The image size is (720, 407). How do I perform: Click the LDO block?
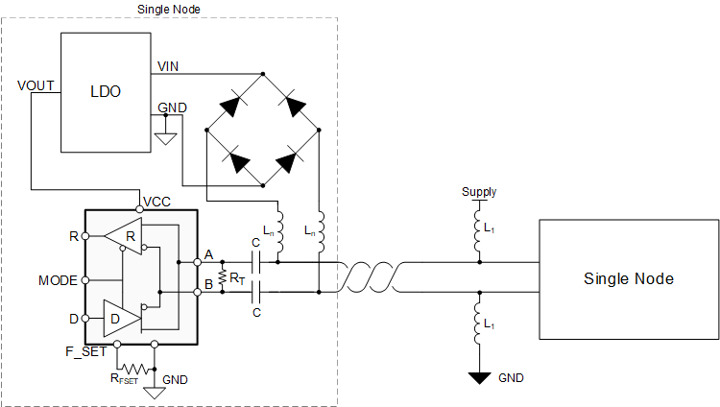click(x=106, y=92)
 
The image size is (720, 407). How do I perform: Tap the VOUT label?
click(x=36, y=84)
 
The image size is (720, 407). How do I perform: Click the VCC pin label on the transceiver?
click(x=156, y=203)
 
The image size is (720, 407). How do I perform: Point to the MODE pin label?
click(x=57, y=280)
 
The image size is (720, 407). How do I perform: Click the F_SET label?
click(x=86, y=353)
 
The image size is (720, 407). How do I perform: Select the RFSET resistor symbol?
click(x=134, y=369)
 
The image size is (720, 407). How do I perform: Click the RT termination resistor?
click(x=223, y=278)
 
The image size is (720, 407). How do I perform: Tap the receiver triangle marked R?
click(x=122, y=235)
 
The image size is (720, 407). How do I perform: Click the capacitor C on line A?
click(x=256, y=262)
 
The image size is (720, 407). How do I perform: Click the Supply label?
click(x=480, y=192)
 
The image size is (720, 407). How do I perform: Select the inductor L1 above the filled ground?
click(x=480, y=326)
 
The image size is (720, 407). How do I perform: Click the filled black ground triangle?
click(x=480, y=378)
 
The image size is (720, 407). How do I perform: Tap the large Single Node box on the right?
click(x=628, y=279)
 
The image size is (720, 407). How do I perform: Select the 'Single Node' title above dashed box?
click(x=168, y=8)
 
